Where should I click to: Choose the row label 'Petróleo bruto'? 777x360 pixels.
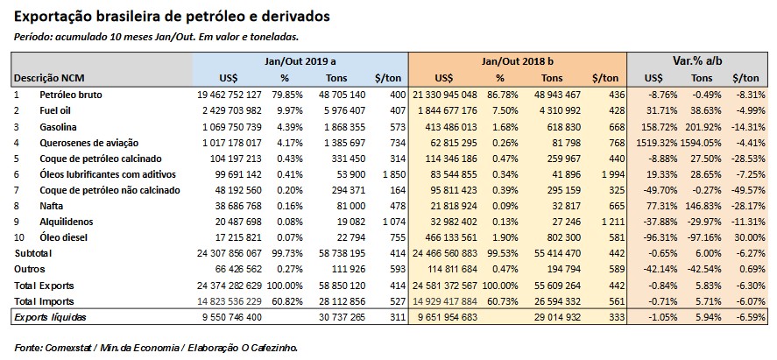(71, 94)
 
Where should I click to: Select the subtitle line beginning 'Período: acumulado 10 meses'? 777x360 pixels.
(158, 37)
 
